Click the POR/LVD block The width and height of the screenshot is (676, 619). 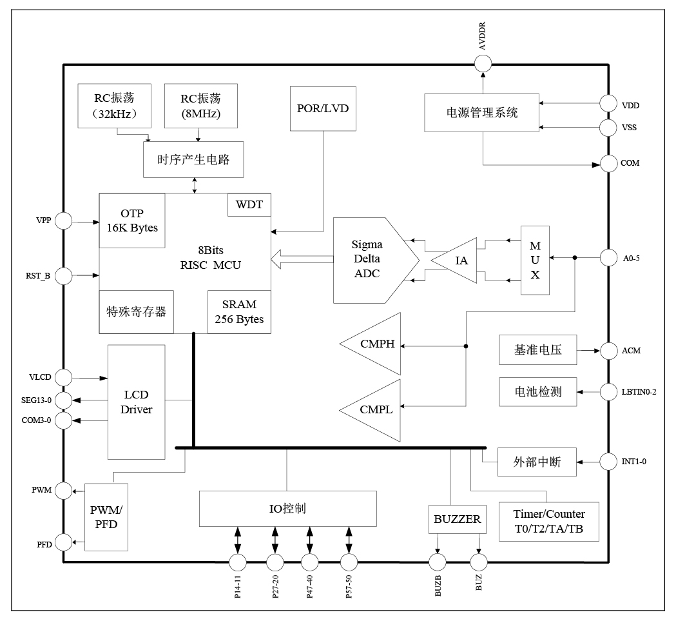point(322,108)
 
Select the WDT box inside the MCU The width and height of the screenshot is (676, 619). point(249,205)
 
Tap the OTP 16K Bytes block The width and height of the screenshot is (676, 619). point(131,220)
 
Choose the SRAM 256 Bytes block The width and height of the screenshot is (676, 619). point(239,311)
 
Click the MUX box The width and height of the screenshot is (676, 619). point(535,260)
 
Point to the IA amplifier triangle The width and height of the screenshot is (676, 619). point(458,260)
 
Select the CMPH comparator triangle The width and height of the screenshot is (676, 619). point(374,344)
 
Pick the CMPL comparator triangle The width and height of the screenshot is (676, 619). point(374,409)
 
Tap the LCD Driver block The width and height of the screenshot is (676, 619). point(136,402)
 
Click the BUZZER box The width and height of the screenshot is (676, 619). point(457,519)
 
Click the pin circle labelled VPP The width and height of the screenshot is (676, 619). point(63,222)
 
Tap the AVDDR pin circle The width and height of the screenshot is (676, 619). point(483,63)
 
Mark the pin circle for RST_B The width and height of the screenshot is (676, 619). point(63,277)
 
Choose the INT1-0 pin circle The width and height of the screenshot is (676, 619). point(608,462)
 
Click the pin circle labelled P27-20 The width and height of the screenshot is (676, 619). point(275,562)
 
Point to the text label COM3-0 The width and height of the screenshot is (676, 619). point(36,420)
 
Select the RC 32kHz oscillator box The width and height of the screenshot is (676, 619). point(114,105)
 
